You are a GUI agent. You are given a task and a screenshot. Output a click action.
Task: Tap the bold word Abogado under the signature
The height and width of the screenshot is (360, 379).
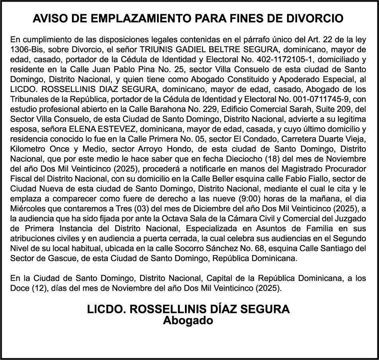point(189,320)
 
